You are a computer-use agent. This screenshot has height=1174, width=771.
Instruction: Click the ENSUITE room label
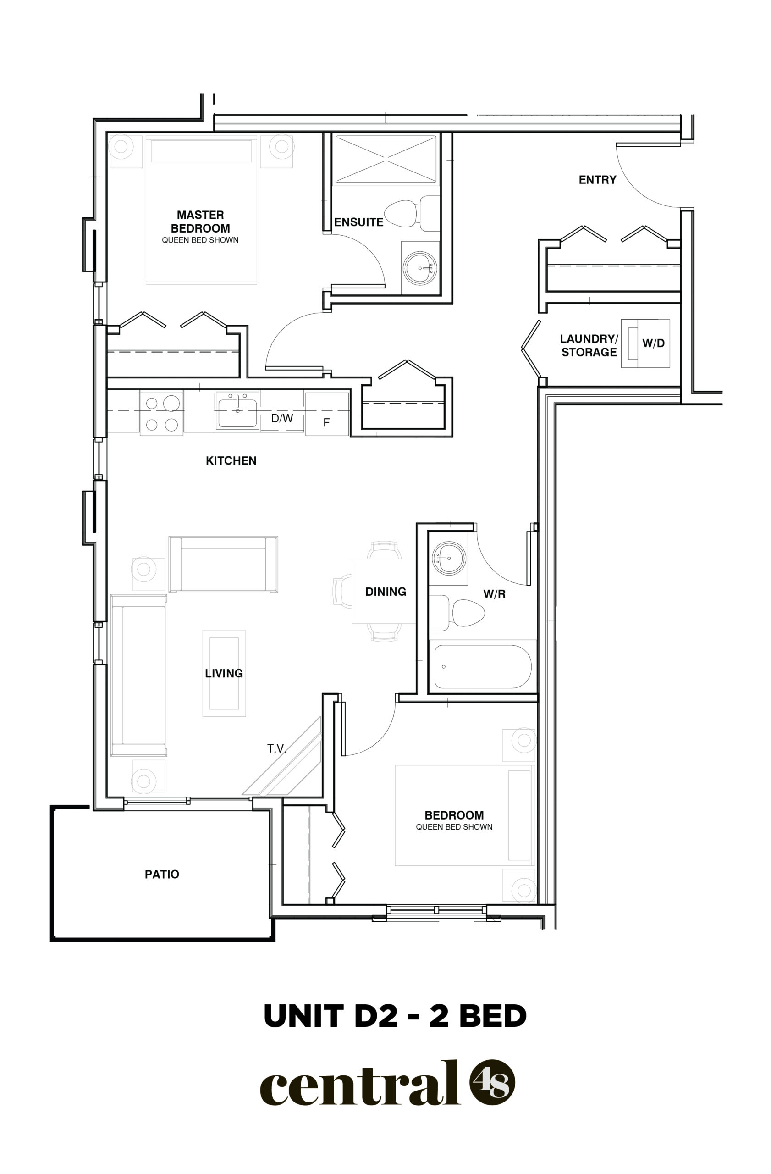[x=358, y=222]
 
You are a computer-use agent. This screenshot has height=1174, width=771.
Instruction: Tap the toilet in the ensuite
[x=412, y=214]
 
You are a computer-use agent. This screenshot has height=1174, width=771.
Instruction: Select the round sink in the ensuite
[x=419, y=268]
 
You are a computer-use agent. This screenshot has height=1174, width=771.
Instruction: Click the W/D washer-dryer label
[x=653, y=343]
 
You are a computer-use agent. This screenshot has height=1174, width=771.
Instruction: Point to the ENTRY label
[x=597, y=180]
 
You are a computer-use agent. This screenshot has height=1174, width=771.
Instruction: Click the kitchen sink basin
[x=237, y=411]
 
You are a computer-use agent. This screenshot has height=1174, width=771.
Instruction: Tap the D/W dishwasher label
[x=282, y=418]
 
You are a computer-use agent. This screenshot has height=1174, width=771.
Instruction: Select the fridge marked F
[x=327, y=414]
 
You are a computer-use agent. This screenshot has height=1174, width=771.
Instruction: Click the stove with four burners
[x=162, y=413]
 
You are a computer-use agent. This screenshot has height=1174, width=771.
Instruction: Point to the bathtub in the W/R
[x=483, y=666]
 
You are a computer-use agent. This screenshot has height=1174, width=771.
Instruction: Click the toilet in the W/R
[x=457, y=613]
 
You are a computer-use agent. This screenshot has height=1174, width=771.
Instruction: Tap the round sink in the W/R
[x=449, y=559]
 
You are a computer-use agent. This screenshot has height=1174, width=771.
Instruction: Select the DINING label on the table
[x=385, y=592]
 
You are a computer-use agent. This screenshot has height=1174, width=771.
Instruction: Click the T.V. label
[x=276, y=749]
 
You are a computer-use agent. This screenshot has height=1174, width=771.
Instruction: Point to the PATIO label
[x=162, y=875]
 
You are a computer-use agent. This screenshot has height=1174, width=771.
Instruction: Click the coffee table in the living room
[x=224, y=673]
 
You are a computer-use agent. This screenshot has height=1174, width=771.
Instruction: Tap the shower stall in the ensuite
[x=385, y=159]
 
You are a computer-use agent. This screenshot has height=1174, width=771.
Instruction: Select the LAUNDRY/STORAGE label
[x=589, y=345]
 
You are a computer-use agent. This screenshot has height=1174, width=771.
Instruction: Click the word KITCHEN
[x=231, y=461]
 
